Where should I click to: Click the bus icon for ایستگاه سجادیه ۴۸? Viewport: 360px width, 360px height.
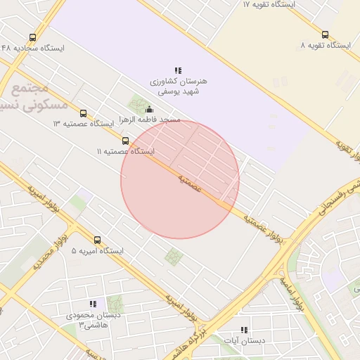(32, 38)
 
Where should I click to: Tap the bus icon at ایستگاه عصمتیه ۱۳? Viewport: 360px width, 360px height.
(83, 113)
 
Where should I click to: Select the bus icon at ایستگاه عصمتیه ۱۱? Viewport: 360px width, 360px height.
(125, 141)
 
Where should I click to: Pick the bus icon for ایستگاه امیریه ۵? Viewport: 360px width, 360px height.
(97, 240)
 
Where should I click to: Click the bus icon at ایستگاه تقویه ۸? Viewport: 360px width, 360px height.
(324, 34)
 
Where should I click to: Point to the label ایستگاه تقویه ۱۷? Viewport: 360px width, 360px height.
(269, 4)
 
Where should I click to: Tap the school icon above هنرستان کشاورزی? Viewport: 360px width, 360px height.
(178, 70)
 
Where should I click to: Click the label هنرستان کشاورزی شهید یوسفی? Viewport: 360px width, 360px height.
(178, 86)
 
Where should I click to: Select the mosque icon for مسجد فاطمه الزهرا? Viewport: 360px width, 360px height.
(149, 109)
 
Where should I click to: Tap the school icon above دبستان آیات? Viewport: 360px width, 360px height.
(244, 329)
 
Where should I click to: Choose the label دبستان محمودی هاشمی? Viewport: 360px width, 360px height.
(89, 320)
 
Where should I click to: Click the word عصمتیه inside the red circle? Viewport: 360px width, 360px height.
(191, 184)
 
